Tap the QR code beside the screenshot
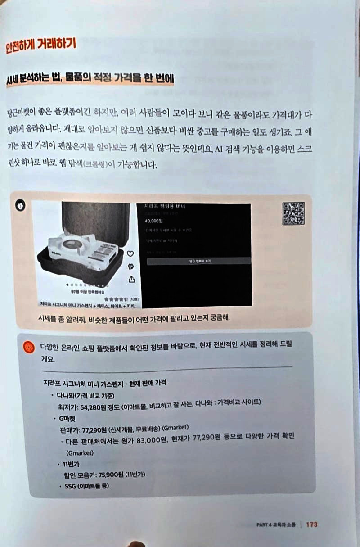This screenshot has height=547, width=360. coord(293,213)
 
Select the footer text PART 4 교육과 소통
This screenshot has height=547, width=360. coord(275,525)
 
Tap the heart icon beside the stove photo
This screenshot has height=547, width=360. coord(130,254)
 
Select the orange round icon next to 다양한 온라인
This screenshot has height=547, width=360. coord(28,347)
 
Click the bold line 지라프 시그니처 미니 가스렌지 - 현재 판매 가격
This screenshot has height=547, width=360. coord(103,383)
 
